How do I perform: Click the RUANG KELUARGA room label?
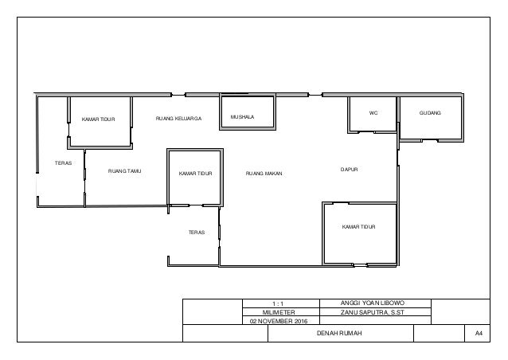point(179,119)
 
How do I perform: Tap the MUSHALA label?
point(242,117)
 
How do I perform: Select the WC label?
point(373,113)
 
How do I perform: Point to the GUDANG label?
point(430,113)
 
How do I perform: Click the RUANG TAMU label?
point(125,171)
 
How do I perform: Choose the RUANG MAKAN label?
point(264,174)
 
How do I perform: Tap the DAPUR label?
point(350,170)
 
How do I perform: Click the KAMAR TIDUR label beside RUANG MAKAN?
point(195,174)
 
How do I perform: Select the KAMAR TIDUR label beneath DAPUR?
point(358,227)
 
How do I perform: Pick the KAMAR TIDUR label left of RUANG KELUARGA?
point(98,119)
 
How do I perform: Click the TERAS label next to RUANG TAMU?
point(63,163)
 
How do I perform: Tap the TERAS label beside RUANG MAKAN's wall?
point(197,233)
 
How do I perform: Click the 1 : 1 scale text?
point(278,304)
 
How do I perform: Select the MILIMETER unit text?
point(279,312)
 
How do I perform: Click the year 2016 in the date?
point(301,322)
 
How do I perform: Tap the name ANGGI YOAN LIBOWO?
point(373,303)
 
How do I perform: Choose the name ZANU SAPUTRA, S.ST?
point(373,313)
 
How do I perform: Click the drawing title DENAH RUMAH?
point(339,333)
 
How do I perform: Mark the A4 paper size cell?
point(479,333)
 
